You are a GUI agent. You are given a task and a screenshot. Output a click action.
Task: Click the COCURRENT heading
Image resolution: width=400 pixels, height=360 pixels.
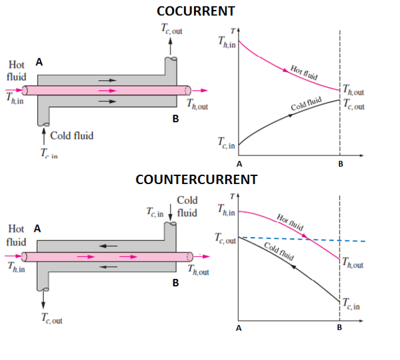click(x=195, y=11)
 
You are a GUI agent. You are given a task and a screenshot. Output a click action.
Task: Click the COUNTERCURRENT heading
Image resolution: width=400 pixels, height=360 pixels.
click(x=196, y=179)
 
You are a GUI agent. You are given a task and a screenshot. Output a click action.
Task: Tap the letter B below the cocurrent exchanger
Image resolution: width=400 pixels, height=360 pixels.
click(x=175, y=119)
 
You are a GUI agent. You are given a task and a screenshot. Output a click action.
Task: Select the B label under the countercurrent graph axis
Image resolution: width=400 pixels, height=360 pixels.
click(x=340, y=328)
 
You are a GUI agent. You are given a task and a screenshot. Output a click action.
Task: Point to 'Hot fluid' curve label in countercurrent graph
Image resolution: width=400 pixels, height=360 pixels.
click(x=290, y=221)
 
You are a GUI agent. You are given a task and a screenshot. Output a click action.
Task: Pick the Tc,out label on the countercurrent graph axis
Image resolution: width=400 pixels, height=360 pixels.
click(x=226, y=238)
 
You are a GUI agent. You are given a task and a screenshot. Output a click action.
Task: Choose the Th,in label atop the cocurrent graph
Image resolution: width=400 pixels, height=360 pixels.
click(x=227, y=42)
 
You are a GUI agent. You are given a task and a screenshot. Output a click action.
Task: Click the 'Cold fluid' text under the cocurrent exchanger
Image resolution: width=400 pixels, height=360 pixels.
click(x=71, y=135)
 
